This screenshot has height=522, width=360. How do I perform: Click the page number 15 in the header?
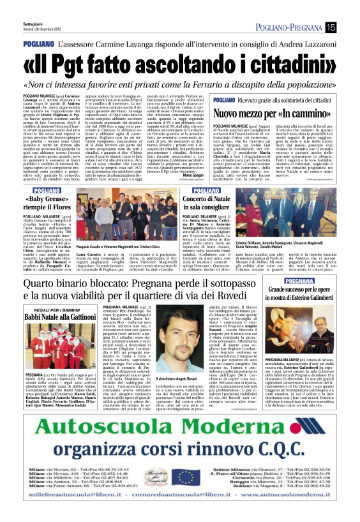point(330,26)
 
